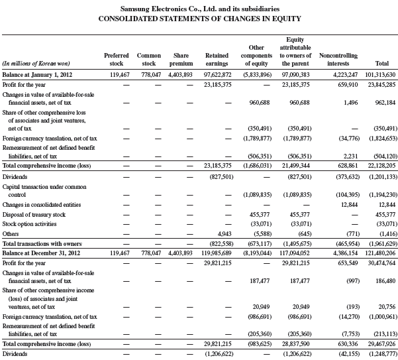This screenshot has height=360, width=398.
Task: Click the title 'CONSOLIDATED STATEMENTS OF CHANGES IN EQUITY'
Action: point(199,19)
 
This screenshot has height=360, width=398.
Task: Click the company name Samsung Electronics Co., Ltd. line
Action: point(199,8)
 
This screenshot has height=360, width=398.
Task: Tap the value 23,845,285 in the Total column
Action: point(379,85)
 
